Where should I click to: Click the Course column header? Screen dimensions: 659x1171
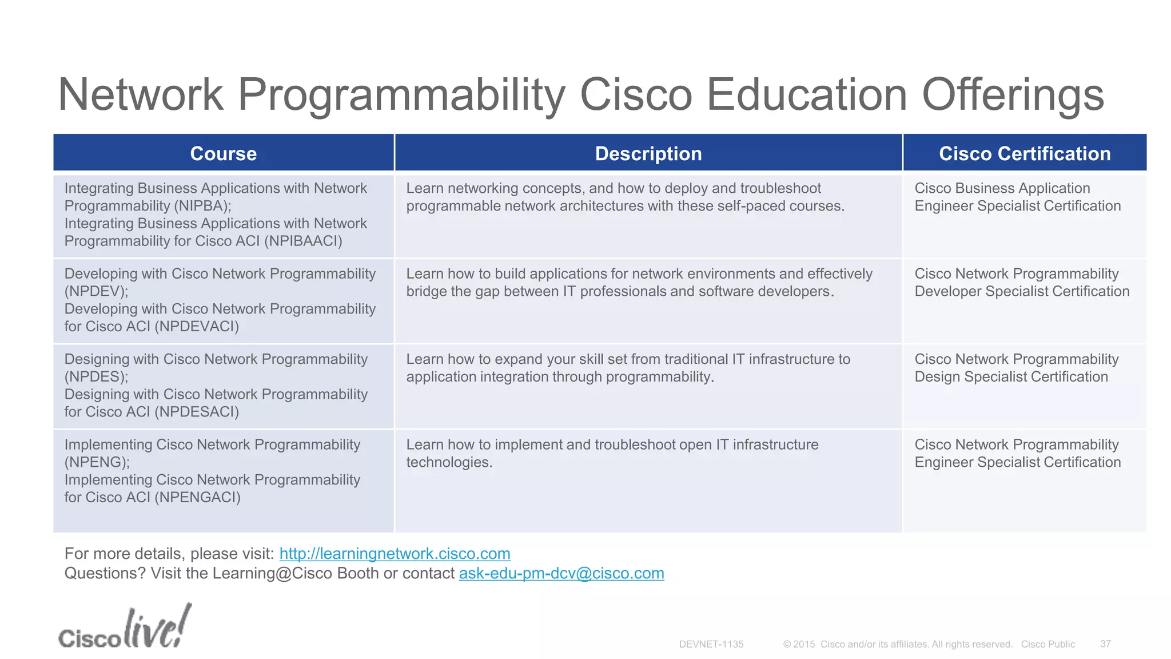click(x=223, y=153)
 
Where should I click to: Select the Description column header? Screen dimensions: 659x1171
click(x=648, y=153)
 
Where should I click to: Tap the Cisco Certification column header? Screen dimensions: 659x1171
click(x=1025, y=153)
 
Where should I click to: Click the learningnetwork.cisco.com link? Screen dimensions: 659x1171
click(x=395, y=554)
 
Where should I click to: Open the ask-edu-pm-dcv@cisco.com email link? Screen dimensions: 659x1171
click(x=561, y=573)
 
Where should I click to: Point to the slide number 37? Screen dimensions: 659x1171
click(x=1105, y=644)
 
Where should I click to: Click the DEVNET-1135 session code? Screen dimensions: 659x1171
click(x=711, y=644)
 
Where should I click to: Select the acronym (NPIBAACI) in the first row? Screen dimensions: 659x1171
click(x=303, y=241)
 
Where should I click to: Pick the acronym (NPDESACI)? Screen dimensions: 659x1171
click(x=197, y=412)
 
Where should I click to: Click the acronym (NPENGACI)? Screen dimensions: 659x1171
click(x=197, y=497)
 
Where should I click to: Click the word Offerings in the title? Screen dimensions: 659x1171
click(x=1013, y=94)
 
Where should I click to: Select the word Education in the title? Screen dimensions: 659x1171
click(x=806, y=94)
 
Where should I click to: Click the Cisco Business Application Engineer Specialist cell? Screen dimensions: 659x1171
click(x=1017, y=197)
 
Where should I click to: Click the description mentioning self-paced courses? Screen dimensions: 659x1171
click(x=625, y=197)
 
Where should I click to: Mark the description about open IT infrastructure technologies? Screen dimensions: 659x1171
click(x=612, y=453)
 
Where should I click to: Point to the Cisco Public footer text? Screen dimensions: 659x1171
click(x=1047, y=644)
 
